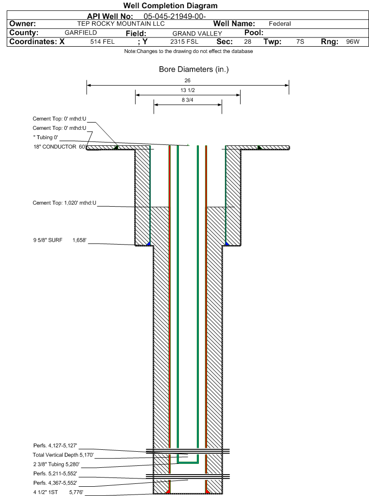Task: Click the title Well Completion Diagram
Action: pyautogui.click(x=170, y=6)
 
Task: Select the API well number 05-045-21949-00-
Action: pyautogui.click(x=175, y=17)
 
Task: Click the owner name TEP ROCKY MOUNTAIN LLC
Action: pyautogui.click(x=121, y=24)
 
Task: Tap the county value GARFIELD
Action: pyautogui.click(x=81, y=33)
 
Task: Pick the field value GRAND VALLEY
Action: pyautogui.click(x=197, y=33)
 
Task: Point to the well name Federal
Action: pyautogui.click(x=280, y=24)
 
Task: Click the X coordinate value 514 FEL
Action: pyautogui.click(x=103, y=42)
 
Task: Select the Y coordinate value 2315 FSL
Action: pyautogui.click(x=184, y=42)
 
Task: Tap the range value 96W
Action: pyautogui.click(x=352, y=42)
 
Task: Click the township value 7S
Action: pyautogui.click(x=300, y=42)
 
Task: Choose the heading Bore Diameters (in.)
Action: pyautogui.click(x=194, y=69)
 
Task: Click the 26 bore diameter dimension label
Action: pyautogui.click(x=188, y=81)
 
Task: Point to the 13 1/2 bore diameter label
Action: pyautogui.click(x=188, y=90)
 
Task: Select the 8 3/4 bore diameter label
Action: pyautogui.click(x=188, y=100)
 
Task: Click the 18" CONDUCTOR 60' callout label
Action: pyautogui.click(x=60, y=147)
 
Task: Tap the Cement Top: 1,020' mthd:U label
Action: pyautogui.click(x=65, y=203)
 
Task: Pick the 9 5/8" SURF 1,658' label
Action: pyautogui.click(x=60, y=240)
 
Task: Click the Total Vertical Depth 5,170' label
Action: pyautogui.click(x=63, y=455)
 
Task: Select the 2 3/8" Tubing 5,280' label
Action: pyautogui.click(x=56, y=464)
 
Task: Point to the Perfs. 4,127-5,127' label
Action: pyautogui.click(x=55, y=446)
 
